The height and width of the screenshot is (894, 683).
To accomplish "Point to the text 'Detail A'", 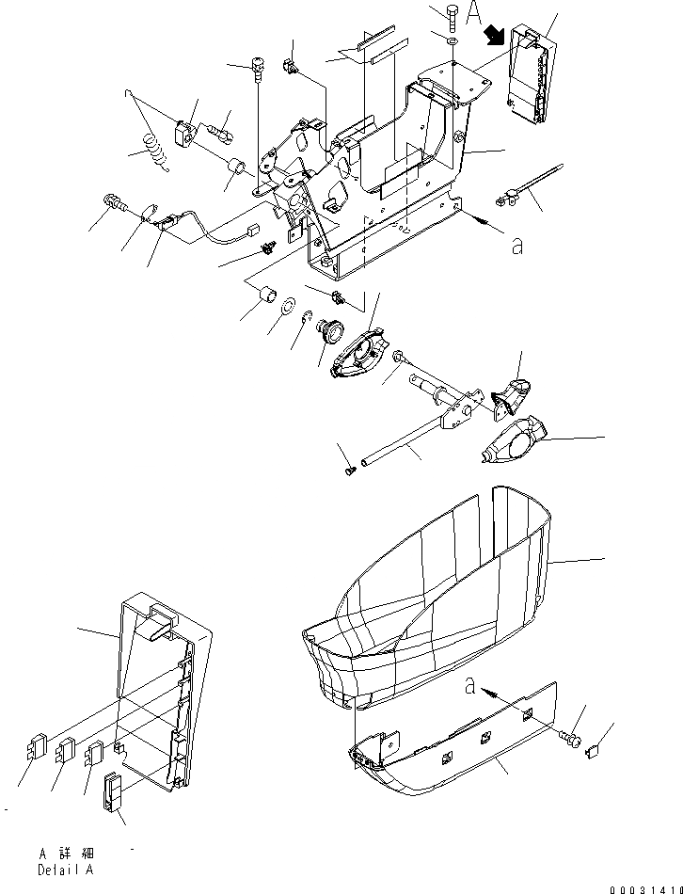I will point(66,870).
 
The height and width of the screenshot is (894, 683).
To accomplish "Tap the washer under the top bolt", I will point(453,42).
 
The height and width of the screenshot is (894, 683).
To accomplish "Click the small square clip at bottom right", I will point(595,750).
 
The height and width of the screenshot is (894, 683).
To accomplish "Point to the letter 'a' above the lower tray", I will point(468,688).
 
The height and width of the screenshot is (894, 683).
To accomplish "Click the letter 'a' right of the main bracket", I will point(515,246).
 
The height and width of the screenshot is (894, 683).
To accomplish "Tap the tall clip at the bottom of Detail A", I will point(111,790).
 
